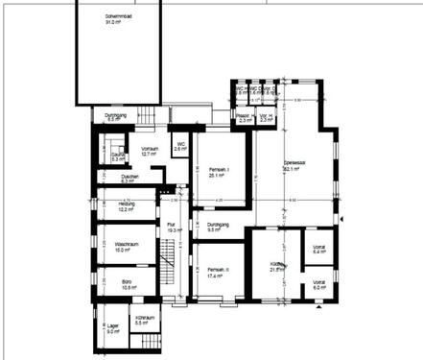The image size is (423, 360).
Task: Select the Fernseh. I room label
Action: (212, 171)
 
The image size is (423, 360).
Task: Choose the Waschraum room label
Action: (116, 243)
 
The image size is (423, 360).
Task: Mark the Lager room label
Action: (113, 325)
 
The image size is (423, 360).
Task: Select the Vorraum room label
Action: (149, 149)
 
